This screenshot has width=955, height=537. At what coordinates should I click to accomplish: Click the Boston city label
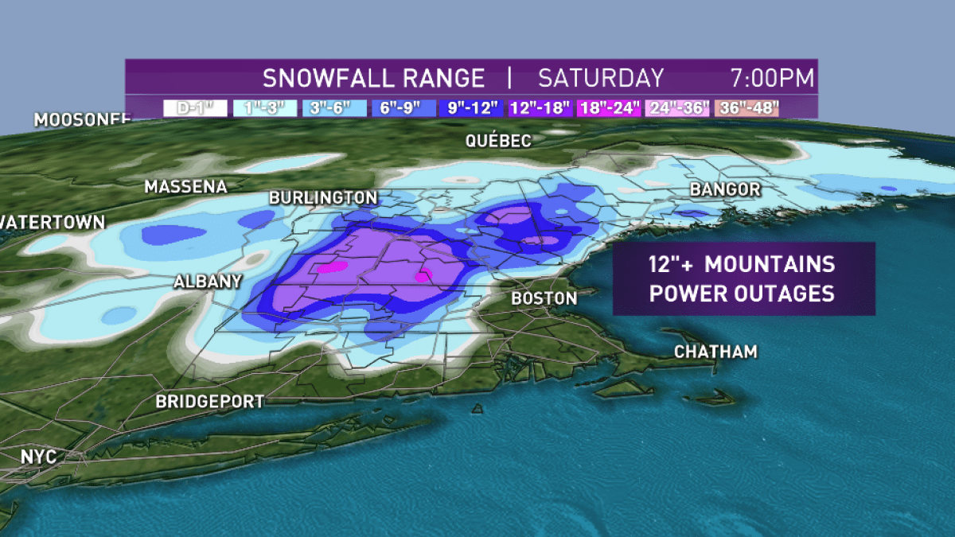[544, 298]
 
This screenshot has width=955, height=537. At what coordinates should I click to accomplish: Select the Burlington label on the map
[322, 197]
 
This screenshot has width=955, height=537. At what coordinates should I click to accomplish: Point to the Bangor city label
[724, 189]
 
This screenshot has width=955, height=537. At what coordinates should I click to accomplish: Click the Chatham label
[715, 352]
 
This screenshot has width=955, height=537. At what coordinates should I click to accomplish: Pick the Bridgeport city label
[209, 401]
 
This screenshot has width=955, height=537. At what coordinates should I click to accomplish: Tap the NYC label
[41, 458]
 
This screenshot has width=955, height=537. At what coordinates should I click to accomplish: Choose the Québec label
[497, 141]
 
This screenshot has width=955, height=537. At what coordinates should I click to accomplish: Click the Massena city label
[185, 187]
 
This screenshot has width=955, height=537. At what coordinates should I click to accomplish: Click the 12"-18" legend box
[540, 108]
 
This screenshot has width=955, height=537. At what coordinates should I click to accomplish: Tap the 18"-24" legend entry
[609, 108]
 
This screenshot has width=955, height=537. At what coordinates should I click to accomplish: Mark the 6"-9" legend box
[402, 108]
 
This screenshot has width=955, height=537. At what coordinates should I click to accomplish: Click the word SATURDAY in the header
[600, 78]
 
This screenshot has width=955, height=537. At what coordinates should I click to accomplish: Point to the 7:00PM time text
[772, 78]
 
